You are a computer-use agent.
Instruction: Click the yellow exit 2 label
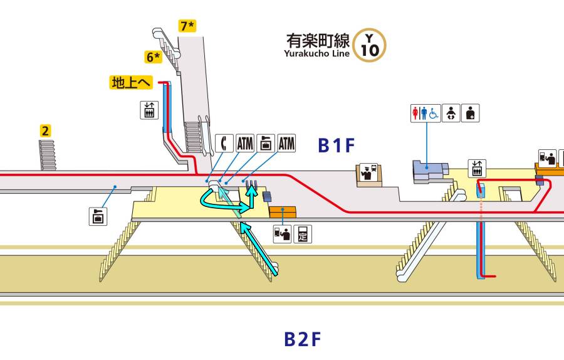(x=45, y=131)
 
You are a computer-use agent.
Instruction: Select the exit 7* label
(x=187, y=26)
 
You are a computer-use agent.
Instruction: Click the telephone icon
(x=224, y=143)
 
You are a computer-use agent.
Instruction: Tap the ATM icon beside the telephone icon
(x=244, y=143)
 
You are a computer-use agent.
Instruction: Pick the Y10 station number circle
(x=370, y=45)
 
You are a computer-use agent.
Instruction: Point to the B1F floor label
(x=337, y=146)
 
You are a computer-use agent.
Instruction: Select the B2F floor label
(x=303, y=340)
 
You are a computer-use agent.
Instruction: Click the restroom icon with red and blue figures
(x=426, y=113)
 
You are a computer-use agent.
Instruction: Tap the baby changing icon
(x=450, y=113)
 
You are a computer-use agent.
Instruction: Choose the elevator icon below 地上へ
(x=148, y=110)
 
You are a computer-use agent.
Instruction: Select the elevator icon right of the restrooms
(x=478, y=168)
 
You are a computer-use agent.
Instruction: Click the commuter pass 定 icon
(x=303, y=234)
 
